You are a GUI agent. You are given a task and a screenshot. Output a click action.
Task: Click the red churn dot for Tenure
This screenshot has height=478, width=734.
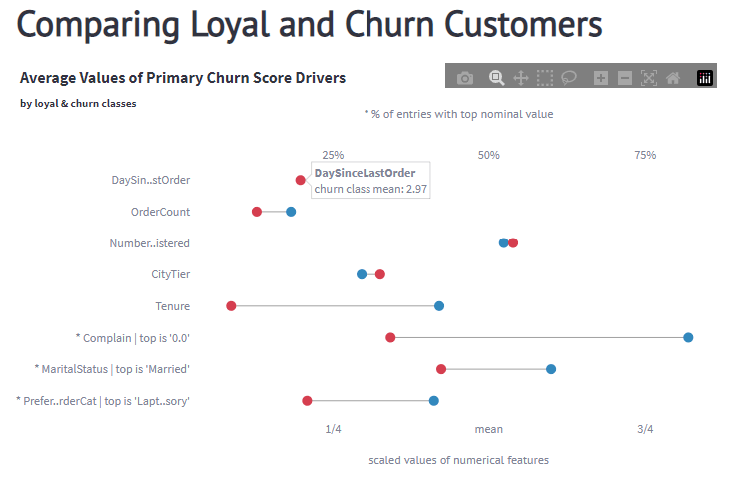(x=231, y=306)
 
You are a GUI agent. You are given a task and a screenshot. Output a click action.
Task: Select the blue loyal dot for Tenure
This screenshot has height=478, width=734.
(x=439, y=306)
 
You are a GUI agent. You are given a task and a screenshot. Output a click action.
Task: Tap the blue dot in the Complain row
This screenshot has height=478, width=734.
(x=688, y=338)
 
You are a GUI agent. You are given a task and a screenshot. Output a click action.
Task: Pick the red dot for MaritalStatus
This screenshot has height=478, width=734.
(x=441, y=369)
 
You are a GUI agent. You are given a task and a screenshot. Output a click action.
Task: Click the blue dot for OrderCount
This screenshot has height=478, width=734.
(x=291, y=212)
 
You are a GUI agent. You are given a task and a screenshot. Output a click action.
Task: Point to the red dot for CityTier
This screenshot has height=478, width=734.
(x=380, y=274)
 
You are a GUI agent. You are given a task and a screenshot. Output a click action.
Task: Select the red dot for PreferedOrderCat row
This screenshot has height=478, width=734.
(x=307, y=401)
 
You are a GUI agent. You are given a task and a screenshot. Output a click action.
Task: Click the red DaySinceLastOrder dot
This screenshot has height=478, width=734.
(x=300, y=180)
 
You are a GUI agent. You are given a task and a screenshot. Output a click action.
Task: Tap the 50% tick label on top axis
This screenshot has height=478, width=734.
(x=489, y=155)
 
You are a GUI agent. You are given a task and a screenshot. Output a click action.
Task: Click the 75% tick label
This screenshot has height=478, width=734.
(x=645, y=155)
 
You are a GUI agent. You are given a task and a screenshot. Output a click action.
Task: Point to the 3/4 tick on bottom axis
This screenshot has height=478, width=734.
(x=645, y=429)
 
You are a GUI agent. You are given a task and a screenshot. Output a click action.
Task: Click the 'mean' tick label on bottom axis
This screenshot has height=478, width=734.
(x=489, y=429)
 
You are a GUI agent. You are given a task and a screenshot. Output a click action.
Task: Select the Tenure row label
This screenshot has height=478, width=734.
(x=172, y=306)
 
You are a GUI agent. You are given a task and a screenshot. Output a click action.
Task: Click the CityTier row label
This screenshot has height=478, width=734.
(x=170, y=274)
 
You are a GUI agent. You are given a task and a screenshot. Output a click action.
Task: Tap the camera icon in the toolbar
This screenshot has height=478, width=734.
(x=465, y=78)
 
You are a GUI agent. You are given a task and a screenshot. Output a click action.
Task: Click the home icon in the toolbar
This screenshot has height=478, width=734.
(x=673, y=78)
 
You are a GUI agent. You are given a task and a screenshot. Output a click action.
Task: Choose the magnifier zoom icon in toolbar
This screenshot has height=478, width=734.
(x=496, y=78)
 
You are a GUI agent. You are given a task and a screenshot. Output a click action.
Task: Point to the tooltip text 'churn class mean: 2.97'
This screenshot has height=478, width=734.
(x=370, y=189)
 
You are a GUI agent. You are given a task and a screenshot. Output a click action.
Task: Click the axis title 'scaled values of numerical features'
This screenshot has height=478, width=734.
(x=458, y=460)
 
